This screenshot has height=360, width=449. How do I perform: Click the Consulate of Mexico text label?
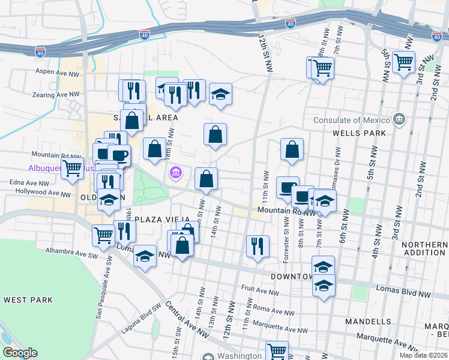pos(352,120)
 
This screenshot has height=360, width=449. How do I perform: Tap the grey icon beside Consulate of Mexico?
pos(399,120)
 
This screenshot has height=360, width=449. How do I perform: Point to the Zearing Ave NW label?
pos(58,94)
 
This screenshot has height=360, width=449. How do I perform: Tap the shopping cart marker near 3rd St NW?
pos(403,61)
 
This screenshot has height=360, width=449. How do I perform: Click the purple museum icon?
pos(175,174)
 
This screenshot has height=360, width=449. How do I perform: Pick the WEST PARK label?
pos(28,299)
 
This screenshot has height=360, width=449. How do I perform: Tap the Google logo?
pos(20,353)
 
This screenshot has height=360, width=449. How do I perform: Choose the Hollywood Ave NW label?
pos(45,193)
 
